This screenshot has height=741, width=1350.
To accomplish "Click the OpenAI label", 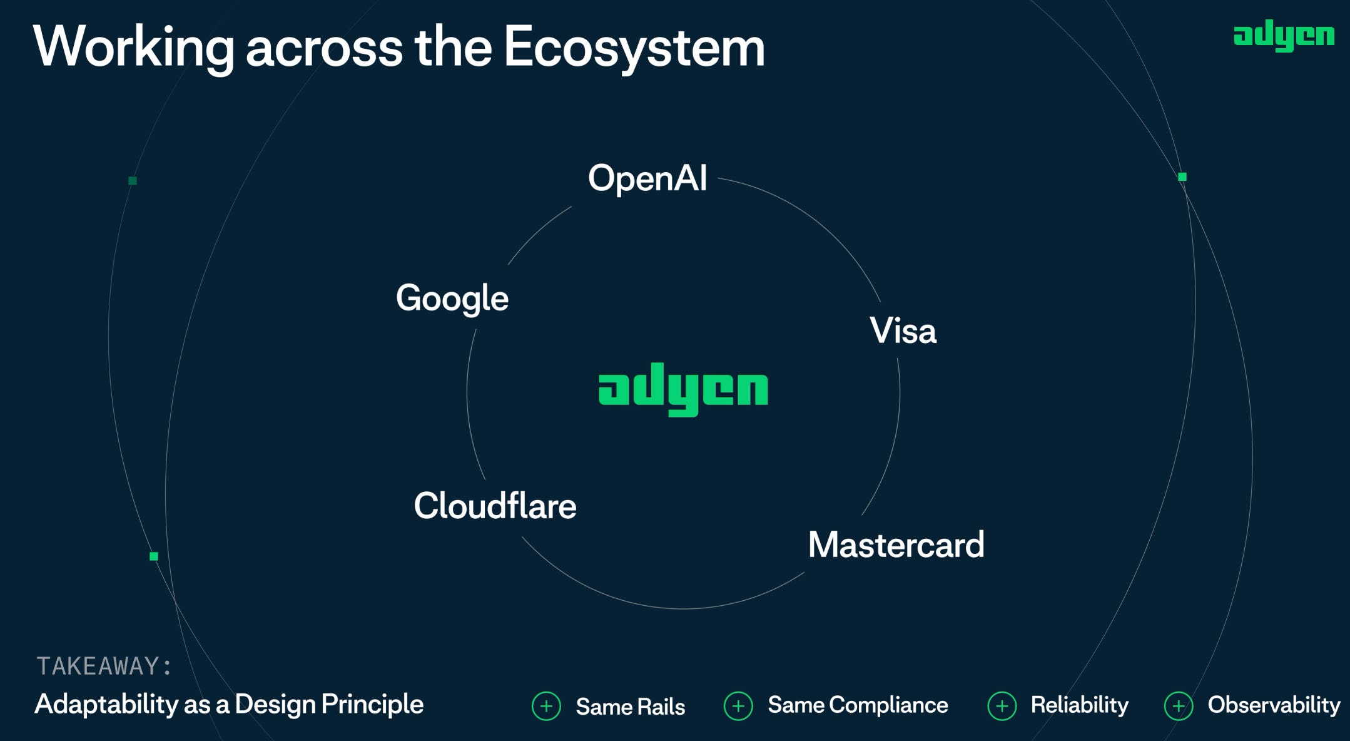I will click(647, 178).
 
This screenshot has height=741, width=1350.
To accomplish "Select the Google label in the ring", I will click(452, 298).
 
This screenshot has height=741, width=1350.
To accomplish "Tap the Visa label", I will click(903, 330).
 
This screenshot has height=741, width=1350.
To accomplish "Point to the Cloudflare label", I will click(495, 506).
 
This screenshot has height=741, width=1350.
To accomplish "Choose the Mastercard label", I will click(896, 544).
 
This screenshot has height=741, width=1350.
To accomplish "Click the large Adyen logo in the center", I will click(683, 389).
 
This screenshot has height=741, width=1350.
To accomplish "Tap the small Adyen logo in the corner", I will click(1284, 36).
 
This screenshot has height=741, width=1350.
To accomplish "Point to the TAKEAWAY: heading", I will click(104, 666).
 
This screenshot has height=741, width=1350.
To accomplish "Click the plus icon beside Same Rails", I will click(546, 707).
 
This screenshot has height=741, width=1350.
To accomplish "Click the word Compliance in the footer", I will click(888, 705).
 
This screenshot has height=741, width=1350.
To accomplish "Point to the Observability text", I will click(1274, 705).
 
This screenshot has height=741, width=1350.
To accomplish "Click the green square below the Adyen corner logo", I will click(1182, 177).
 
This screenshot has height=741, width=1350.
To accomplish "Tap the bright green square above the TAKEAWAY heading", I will click(154, 556).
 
